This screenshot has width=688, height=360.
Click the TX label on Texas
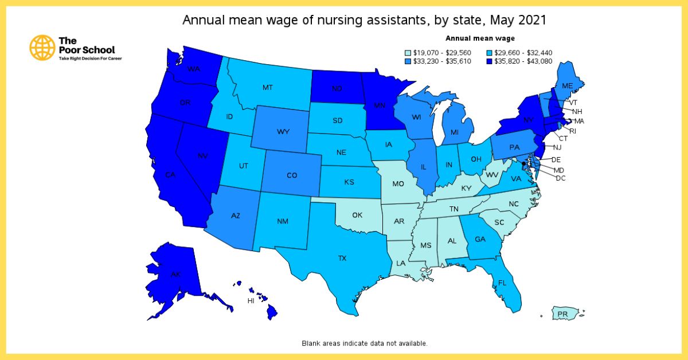[x=342, y=259]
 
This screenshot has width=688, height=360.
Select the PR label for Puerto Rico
[x=562, y=314]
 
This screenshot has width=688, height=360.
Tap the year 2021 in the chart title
[x=530, y=20]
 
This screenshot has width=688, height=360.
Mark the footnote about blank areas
[x=365, y=343]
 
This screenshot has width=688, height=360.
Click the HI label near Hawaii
[x=251, y=300]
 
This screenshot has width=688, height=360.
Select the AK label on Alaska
[x=176, y=275]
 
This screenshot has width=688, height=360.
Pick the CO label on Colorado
[x=292, y=175]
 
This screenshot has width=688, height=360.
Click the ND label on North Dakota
[x=337, y=89]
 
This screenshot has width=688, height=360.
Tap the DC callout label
[x=561, y=178]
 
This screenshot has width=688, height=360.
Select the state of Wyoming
[x=283, y=132]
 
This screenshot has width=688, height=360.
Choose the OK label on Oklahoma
[x=357, y=216]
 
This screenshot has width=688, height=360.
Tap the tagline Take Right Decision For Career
[x=86, y=58]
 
